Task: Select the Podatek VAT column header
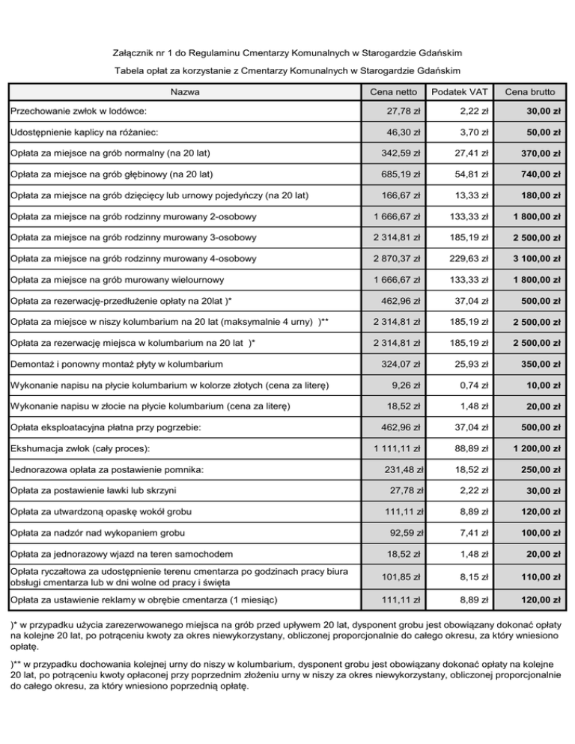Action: point(457,92)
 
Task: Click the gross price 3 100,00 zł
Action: point(536,259)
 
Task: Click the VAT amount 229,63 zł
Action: point(469,258)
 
